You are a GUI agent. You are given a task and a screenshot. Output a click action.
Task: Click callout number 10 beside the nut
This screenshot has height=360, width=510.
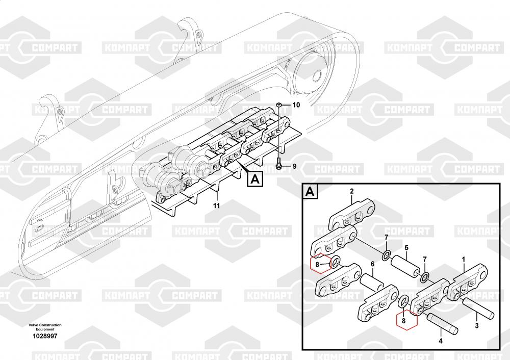point(296,105)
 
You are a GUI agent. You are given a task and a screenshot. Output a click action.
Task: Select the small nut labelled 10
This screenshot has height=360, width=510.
point(279,105)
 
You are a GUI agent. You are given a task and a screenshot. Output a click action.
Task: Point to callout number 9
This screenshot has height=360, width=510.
point(294,166)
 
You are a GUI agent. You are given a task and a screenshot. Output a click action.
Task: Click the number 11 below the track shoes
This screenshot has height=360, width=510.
point(216,205)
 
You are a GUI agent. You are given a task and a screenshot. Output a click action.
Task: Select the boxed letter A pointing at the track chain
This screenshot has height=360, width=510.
point(256,179)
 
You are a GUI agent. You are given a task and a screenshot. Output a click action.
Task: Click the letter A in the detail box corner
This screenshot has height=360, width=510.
point(310,192)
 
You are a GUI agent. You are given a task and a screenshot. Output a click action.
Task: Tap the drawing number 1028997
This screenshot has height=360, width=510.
point(45,336)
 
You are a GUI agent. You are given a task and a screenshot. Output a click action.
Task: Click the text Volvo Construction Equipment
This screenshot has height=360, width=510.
point(45,327)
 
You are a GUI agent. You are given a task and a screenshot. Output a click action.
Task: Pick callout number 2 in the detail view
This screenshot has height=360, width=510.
point(351,191)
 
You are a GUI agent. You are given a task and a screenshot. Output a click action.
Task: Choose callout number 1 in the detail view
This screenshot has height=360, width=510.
point(464,260)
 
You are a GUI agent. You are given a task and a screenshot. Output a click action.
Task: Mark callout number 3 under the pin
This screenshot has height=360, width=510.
point(477,325)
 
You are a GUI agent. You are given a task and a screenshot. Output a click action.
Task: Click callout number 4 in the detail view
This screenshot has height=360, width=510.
point(441,341)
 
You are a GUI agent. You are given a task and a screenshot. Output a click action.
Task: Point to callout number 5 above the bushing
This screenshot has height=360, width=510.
point(406,248)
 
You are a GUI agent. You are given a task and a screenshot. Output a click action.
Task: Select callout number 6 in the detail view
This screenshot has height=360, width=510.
point(373,264)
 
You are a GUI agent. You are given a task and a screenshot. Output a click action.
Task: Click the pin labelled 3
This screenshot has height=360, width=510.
point(478,307)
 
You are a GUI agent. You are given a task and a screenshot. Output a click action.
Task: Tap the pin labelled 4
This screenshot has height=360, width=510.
point(442,324)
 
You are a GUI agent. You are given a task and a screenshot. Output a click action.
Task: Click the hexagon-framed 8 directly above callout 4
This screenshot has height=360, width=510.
point(406,320)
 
